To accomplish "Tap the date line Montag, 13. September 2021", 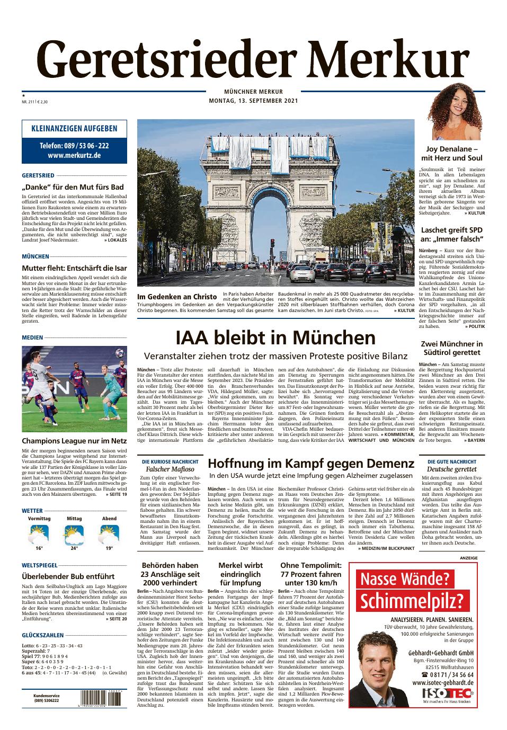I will tap(253, 101).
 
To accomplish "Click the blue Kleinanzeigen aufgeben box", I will tap(74, 142).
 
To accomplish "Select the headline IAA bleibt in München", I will tap(275, 337).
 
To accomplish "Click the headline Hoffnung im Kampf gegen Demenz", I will tap(311, 464).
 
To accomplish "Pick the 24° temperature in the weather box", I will tap(74, 548).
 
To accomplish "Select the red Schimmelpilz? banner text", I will tap(407, 601).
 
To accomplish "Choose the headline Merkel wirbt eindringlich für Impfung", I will tap(240, 574).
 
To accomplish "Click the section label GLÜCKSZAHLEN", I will tap(43, 635).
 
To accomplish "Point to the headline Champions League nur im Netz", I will tap(74, 441).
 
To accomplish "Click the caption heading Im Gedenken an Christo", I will tap(177, 297).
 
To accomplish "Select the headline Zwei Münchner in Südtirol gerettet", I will tap(452, 348).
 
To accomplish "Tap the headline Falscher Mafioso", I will tap(170, 469).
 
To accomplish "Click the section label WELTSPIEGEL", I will tap(40, 565).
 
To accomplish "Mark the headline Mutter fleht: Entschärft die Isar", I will tap(74, 268).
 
